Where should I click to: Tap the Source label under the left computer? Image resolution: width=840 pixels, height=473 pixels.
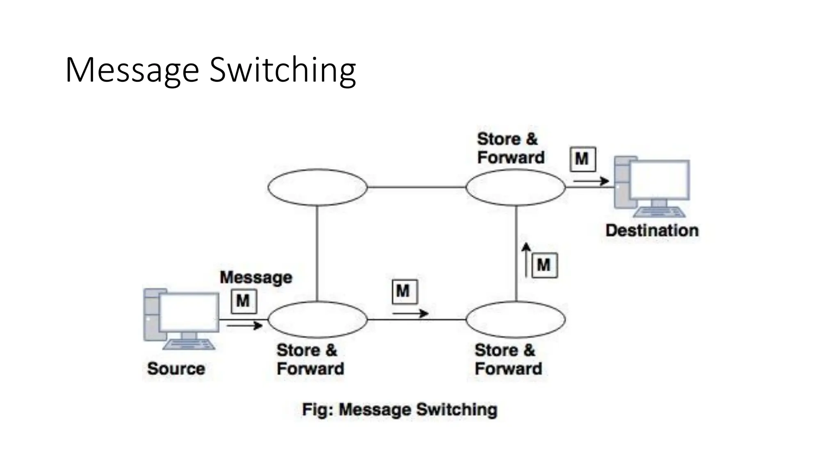176,368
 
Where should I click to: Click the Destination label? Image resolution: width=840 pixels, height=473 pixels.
652,230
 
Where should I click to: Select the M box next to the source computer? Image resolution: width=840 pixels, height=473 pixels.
244,301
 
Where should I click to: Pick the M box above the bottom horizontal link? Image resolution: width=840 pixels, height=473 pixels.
404,292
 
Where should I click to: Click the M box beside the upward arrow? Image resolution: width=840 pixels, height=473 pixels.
544,265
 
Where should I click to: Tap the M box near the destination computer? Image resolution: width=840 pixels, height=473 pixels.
582,159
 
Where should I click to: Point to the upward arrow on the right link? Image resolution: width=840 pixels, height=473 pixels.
527,259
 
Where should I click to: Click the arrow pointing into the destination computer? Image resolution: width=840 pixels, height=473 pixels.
591,181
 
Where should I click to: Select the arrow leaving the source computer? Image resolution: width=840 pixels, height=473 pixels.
244,326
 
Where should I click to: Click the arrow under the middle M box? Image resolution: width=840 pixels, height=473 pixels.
410,314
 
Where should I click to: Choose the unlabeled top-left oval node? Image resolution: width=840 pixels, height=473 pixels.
317,187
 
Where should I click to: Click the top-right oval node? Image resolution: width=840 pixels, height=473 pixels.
516,187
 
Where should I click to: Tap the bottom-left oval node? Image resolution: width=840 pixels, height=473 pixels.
317,319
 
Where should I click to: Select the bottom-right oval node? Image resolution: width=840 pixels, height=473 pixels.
516,319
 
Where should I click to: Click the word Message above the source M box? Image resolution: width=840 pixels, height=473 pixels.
256,278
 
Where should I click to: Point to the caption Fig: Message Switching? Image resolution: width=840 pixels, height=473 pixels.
399,410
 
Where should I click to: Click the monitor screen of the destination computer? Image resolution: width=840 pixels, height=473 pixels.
659,179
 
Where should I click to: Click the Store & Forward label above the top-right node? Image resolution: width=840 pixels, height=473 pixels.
511,148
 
